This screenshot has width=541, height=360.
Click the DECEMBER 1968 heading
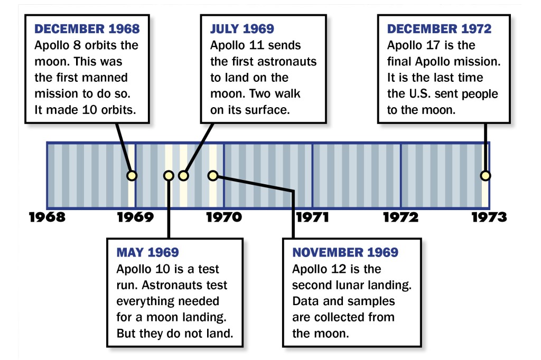pos(87,29)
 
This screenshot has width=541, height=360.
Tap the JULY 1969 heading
pos(242,29)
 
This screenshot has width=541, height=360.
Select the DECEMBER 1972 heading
pos(439,29)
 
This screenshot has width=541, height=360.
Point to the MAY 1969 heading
pos(148,252)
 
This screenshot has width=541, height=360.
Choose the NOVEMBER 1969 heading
pos(346,252)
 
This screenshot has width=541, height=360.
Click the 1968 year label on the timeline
pos(47,217)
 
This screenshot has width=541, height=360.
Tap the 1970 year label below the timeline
pos(224,217)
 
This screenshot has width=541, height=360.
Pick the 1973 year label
pos(489,217)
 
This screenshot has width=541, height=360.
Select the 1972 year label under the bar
pos(400,217)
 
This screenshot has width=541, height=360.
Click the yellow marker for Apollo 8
pos(132,176)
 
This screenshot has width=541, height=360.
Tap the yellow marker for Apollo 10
pos(169,176)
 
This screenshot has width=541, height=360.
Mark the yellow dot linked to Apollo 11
pos(183,176)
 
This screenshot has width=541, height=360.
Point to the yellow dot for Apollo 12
pos(213,176)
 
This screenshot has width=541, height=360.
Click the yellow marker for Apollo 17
pos(485,176)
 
